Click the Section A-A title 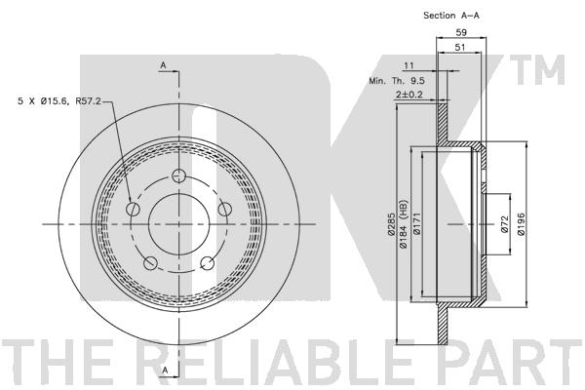point(451,16)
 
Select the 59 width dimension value point(461,32)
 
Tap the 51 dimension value point(460,48)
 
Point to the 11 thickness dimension point(409,65)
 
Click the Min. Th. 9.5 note point(397,80)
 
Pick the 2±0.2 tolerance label point(409,95)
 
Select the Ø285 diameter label point(391,224)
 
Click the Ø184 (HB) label point(405,224)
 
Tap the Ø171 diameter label point(416,224)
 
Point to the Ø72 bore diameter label point(504,224)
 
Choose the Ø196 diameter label point(522,224)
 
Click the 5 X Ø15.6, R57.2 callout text point(59,100)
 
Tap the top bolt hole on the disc point(179,175)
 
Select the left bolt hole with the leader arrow point(134,209)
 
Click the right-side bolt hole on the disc point(225,209)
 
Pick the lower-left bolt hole point(150,263)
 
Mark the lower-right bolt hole point(208,263)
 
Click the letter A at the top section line point(163,65)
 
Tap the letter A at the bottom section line point(166,370)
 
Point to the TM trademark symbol point(537,70)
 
